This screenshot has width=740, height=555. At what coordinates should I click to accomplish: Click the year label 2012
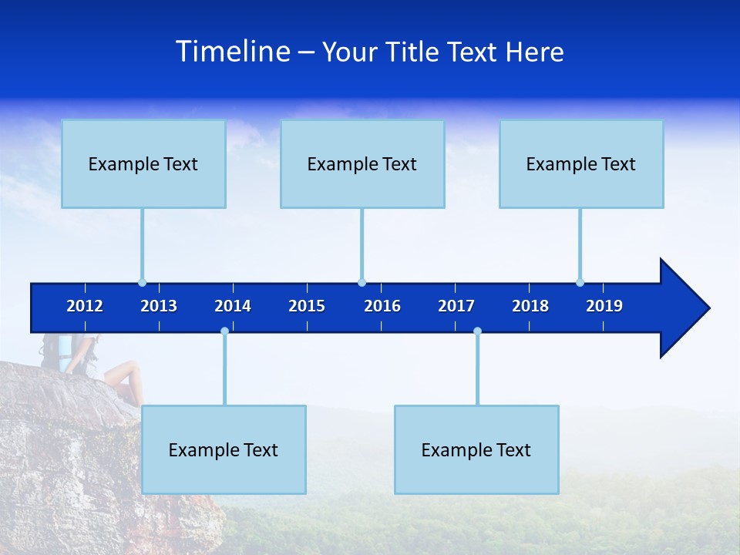(85, 306)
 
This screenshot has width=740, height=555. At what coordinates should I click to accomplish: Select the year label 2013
(159, 306)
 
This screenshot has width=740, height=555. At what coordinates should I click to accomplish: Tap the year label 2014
(233, 306)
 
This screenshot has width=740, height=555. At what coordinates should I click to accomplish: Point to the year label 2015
(307, 306)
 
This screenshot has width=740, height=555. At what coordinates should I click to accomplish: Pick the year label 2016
(382, 306)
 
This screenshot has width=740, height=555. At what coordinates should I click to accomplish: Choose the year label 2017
(456, 306)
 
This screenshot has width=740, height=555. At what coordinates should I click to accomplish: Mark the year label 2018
(530, 306)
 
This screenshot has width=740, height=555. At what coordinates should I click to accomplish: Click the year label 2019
(604, 306)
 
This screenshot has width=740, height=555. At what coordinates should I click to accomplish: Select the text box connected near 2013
(143, 163)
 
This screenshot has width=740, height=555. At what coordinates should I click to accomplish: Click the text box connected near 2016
(362, 163)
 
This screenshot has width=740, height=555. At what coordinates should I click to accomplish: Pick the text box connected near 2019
(581, 163)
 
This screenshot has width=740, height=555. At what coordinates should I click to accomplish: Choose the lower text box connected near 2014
(224, 449)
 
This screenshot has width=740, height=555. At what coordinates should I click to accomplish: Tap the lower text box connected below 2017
(476, 449)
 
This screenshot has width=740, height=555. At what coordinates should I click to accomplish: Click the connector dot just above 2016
(362, 282)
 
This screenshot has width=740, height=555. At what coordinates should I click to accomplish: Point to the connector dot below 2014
(224, 331)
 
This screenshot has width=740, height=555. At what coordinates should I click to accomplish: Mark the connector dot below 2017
(477, 331)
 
